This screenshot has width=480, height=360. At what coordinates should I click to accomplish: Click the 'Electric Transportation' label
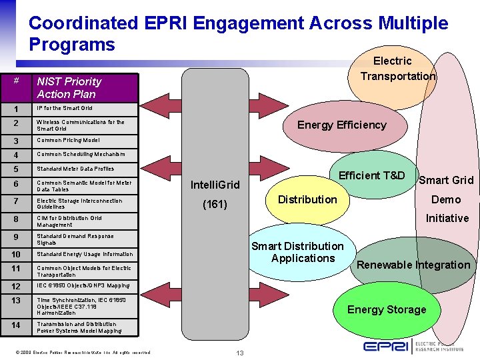[397, 69]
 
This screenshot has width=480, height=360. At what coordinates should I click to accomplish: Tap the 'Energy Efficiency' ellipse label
[341, 125]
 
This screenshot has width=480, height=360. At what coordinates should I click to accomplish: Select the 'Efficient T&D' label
[371, 176]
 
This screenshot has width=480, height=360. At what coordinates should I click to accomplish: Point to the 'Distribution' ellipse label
[307, 199]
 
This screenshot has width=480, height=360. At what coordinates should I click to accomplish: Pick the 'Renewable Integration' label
[413, 265]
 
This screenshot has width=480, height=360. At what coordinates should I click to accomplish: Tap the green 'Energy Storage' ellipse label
[386, 309]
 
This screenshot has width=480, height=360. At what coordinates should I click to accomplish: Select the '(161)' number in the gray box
[215, 205]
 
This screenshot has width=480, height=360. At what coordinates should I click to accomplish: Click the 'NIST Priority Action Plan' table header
[69, 87]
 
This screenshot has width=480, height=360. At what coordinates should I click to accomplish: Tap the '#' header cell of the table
[17, 81]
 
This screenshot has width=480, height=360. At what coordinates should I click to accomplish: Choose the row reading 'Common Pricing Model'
[68, 141]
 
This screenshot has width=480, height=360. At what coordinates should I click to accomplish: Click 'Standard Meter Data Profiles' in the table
[75, 169]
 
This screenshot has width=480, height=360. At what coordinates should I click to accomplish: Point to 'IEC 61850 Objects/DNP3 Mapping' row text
[83, 286]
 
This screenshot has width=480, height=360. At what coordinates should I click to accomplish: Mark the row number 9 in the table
[16, 237]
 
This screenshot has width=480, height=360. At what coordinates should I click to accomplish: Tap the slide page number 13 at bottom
[239, 353]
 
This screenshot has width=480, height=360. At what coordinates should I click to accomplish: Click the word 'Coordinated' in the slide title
[83, 23]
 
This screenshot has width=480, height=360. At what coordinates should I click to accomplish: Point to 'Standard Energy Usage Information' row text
[85, 254]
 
